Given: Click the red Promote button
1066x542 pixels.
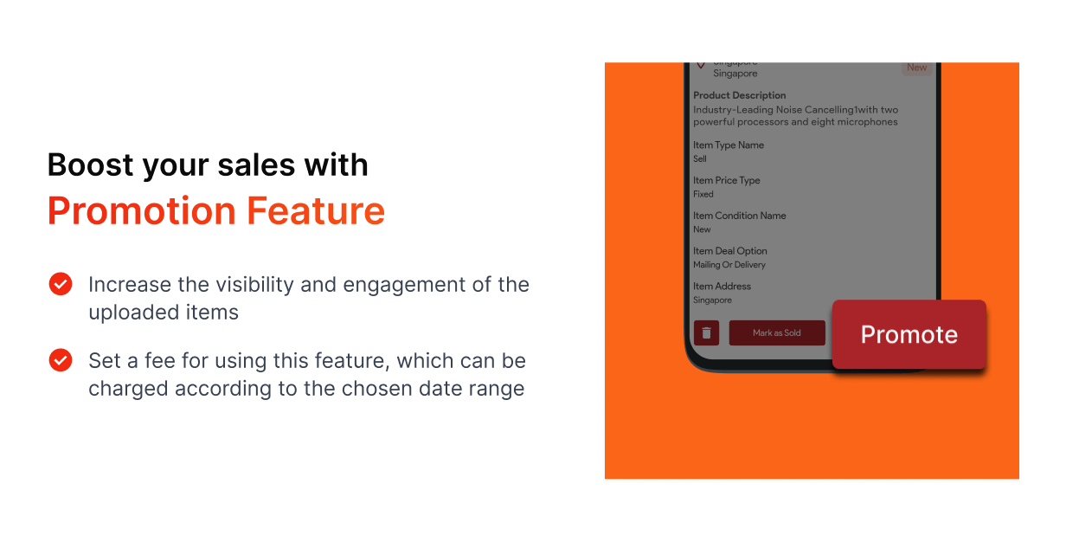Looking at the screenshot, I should click(909, 335).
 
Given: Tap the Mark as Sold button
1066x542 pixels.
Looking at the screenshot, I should click(776, 333).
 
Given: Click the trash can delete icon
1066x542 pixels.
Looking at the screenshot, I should click(706, 333).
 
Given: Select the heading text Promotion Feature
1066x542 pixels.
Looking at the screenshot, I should click(216, 211).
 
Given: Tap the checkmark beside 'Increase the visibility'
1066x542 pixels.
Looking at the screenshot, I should click(61, 284).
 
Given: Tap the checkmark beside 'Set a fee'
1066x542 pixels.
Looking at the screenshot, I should click(61, 360).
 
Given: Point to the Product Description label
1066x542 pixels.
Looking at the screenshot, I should click(739, 95).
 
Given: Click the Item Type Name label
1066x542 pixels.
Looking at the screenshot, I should click(728, 145).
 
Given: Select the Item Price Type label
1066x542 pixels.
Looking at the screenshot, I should click(726, 181).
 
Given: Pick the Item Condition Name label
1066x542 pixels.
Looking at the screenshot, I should click(739, 216).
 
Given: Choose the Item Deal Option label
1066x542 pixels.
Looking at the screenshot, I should click(729, 251).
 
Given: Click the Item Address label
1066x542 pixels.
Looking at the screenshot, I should click(722, 287).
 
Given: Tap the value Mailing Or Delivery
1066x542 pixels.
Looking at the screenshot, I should click(729, 265).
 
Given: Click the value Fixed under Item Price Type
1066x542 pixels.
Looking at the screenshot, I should click(703, 195).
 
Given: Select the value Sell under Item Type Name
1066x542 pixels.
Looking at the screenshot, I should click(699, 159).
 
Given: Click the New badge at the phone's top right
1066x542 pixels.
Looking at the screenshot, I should click(916, 68).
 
